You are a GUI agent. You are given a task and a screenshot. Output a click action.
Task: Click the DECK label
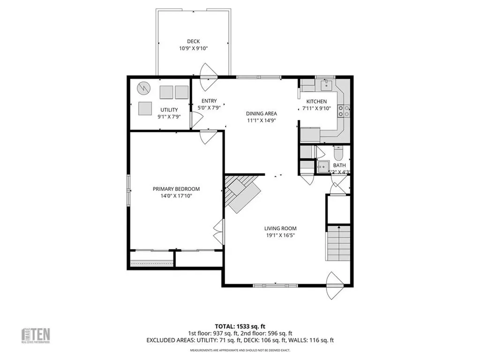[x=193, y=41]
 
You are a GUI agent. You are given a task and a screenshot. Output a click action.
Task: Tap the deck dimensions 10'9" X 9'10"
[x=193, y=48]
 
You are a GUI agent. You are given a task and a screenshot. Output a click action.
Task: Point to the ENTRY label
[x=209, y=101]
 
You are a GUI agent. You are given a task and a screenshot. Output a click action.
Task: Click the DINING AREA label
[x=261, y=113]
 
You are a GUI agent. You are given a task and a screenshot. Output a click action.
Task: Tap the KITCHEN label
[x=316, y=102]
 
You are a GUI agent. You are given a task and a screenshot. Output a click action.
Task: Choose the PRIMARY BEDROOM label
[x=176, y=189]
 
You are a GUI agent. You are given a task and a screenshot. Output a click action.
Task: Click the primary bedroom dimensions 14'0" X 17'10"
[x=176, y=196]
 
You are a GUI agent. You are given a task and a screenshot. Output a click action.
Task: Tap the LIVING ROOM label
[x=280, y=228]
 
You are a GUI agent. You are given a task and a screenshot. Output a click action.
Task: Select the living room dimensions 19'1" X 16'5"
[x=280, y=235]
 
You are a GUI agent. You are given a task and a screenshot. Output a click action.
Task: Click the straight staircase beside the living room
[x=337, y=242]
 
